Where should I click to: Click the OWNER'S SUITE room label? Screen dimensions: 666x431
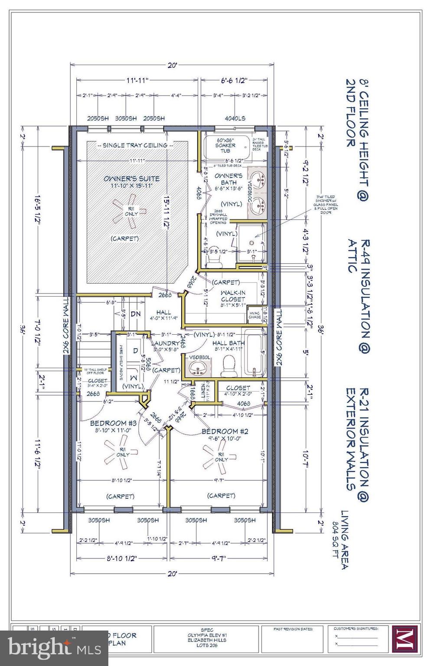(x=131, y=178)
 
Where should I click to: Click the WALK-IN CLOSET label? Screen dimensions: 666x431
(x=233, y=296)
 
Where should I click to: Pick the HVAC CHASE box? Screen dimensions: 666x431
(x=255, y=314)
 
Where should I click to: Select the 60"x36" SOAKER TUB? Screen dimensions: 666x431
(x=225, y=146)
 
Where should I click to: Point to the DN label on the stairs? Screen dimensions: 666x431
(x=136, y=313)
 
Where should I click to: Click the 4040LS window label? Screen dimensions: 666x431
(x=235, y=118)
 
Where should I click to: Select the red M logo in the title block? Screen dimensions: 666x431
(x=405, y=638)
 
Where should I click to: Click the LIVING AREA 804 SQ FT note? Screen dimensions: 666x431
(x=341, y=539)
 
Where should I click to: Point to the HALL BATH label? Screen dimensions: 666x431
(x=228, y=343)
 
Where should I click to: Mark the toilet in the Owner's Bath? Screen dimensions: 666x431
(x=214, y=258)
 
